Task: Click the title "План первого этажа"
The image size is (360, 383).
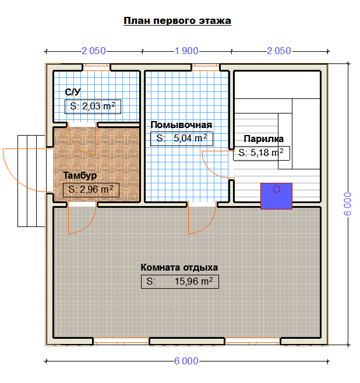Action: tap(177, 21)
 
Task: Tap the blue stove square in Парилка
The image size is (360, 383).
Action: tap(276, 196)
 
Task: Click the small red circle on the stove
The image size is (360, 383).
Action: tap(277, 189)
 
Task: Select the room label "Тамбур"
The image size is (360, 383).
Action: tap(80, 176)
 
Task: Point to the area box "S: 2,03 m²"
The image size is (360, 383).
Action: tap(93, 107)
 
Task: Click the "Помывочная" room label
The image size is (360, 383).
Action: tap(181, 125)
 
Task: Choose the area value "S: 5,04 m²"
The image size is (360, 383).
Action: tap(182, 139)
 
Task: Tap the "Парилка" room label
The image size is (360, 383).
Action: tap(263, 139)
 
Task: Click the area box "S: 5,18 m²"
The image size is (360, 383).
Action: tap(262, 153)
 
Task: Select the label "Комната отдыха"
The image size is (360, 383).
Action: tap(179, 268)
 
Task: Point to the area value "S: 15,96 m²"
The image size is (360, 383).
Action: tap(180, 282)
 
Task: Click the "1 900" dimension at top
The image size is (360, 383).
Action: tap(186, 51)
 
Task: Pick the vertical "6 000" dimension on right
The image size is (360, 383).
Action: tap(347, 204)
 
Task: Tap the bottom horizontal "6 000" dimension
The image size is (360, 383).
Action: tap(186, 361)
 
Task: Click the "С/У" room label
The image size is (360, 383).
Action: tap(73, 92)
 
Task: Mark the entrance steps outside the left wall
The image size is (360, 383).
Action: tap(31, 181)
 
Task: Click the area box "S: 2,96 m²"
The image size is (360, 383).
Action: tap(91, 190)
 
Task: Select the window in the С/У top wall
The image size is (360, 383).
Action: tap(96, 68)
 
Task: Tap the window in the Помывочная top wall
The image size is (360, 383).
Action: tap(206, 68)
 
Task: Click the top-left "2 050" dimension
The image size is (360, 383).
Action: tap(94, 51)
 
